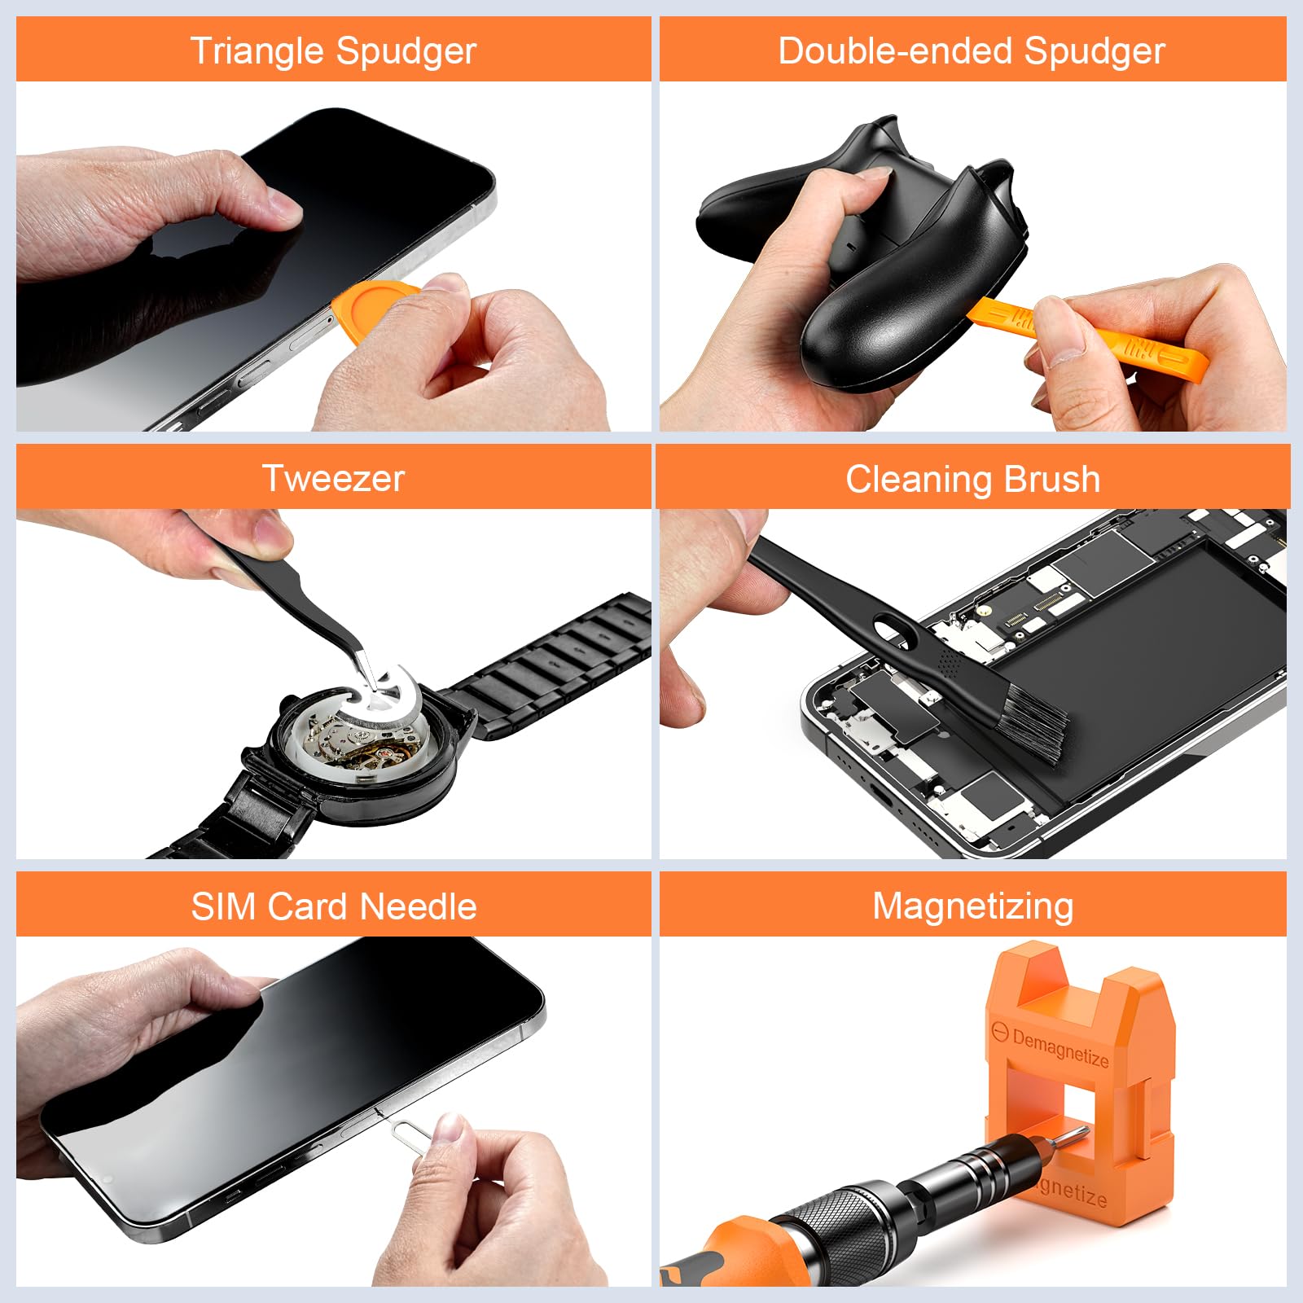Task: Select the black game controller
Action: click(x=896, y=269)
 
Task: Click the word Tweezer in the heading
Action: click(x=333, y=478)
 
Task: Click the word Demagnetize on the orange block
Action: click(x=1060, y=1048)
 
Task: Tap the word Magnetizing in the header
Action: click(x=972, y=906)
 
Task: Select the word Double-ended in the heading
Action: click(x=896, y=50)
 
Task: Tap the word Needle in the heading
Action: click(x=419, y=906)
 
